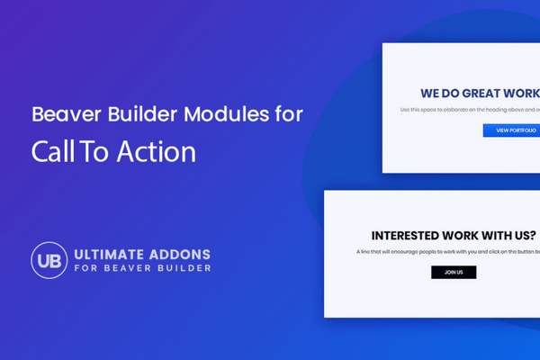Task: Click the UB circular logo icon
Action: point(47,258)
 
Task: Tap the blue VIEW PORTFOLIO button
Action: point(511,130)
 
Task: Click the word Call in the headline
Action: point(49,151)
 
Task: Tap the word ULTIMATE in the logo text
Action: point(111,252)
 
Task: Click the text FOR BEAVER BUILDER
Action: point(140,268)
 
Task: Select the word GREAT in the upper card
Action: point(482,93)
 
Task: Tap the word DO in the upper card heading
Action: point(452,93)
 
